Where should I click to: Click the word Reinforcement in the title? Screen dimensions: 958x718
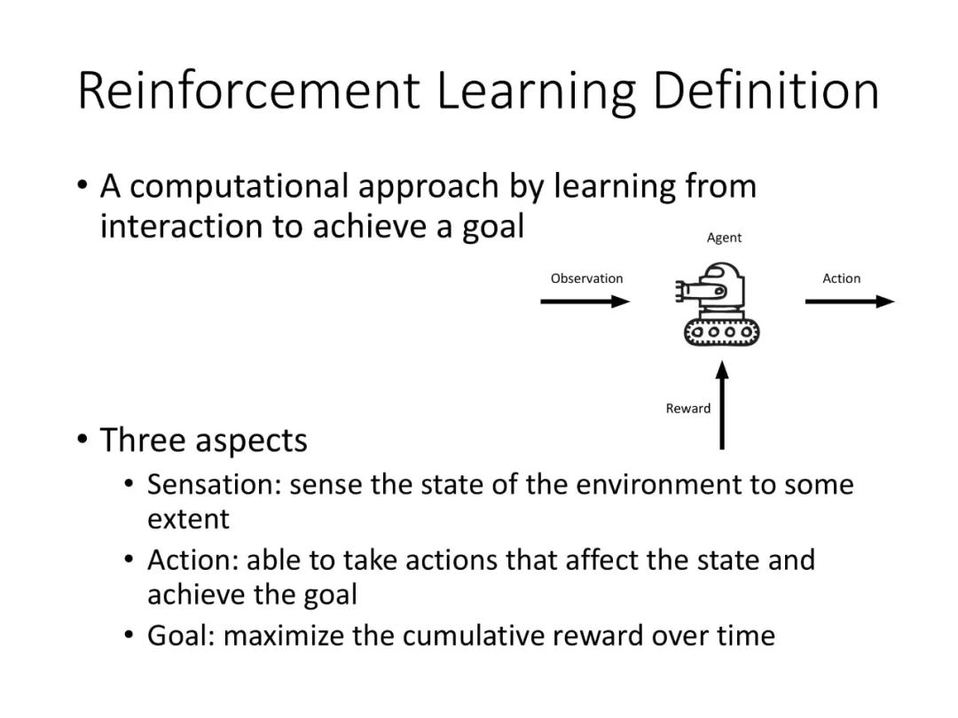(x=248, y=90)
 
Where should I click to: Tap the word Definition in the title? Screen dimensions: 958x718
(x=766, y=90)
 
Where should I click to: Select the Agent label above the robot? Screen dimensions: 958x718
(x=724, y=238)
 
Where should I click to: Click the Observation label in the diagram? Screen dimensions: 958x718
(x=586, y=278)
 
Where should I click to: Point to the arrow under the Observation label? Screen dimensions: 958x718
(x=585, y=301)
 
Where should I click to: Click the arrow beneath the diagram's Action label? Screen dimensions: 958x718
(x=850, y=301)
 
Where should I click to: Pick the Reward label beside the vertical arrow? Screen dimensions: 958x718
(x=688, y=409)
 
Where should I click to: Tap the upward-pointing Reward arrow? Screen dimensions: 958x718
(x=722, y=405)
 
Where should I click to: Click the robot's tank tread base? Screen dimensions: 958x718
(x=721, y=332)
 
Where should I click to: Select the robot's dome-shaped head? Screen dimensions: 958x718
(x=724, y=275)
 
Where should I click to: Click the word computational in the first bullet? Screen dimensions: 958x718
(x=239, y=187)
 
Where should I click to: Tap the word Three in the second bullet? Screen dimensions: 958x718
(x=142, y=441)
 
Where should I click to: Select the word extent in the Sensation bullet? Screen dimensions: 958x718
(x=188, y=519)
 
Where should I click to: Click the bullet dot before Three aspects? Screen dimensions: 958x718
(x=82, y=439)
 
